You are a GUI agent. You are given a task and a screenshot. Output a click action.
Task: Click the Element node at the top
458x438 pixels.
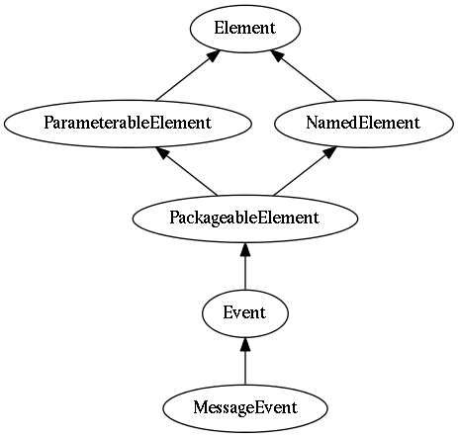(x=245, y=29)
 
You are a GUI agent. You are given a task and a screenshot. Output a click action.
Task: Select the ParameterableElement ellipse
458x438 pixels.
(x=128, y=124)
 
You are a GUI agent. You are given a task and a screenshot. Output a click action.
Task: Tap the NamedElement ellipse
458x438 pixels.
(x=364, y=124)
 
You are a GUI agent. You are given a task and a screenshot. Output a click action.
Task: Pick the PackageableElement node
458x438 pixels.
(x=245, y=219)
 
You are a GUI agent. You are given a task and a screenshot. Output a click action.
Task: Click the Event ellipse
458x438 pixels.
(x=245, y=313)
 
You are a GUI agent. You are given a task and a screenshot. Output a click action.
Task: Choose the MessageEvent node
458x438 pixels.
(x=245, y=408)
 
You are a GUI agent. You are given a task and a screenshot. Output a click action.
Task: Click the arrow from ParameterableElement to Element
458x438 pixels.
(x=188, y=75)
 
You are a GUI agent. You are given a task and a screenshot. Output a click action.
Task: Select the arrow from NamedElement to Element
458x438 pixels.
(x=304, y=76)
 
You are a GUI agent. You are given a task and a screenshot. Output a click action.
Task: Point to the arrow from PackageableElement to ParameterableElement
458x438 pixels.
(x=187, y=171)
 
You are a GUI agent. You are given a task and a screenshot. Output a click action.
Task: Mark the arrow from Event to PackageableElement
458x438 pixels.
(x=245, y=266)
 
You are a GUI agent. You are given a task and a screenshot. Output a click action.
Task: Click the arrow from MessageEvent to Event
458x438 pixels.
(x=245, y=361)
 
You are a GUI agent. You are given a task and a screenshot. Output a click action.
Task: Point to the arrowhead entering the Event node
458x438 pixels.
(x=245, y=344)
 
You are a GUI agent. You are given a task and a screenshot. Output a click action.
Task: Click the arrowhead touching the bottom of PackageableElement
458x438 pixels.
(x=245, y=249)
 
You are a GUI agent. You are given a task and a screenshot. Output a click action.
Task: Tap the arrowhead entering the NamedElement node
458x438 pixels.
(x=329, y=152)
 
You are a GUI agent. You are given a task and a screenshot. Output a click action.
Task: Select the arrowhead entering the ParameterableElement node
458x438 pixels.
(x=163, y=152)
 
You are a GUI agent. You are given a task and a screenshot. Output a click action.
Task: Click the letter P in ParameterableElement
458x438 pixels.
(x=48, y=123)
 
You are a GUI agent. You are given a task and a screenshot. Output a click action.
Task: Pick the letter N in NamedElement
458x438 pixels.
(x=312, y=123)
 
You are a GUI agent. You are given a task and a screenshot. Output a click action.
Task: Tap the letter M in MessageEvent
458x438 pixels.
(x=200, y=407)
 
